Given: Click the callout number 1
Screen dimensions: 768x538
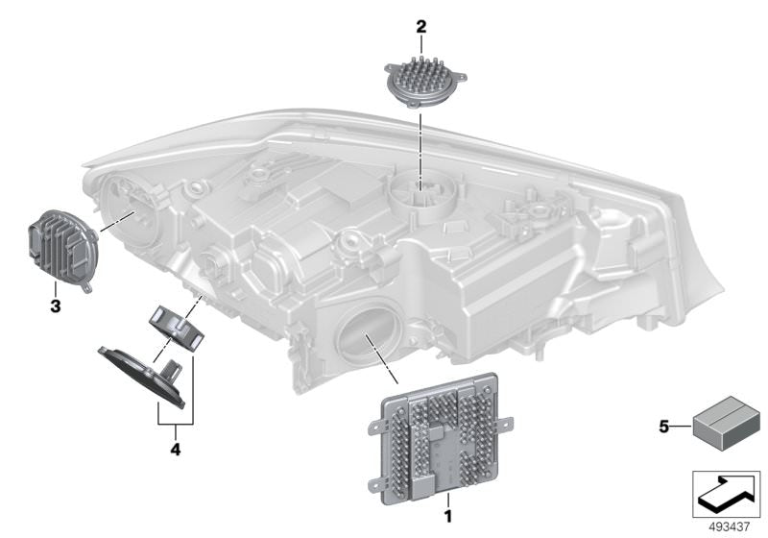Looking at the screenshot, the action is (447, 516).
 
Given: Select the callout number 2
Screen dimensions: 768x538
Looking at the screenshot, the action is (421, 27).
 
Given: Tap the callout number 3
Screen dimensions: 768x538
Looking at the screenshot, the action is (56, 306).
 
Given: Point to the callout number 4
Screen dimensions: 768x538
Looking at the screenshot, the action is (176, 450).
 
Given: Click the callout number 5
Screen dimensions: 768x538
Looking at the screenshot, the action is (663, 428).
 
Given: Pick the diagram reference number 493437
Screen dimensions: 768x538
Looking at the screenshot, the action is (730, 527).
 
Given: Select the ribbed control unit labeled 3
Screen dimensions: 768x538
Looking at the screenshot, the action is (62, 249).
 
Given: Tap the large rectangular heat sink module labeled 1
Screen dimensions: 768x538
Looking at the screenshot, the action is (440, 439).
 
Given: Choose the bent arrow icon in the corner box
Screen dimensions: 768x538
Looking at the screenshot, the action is (727, 493).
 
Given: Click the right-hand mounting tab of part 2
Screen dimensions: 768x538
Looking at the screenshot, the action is (460, 77).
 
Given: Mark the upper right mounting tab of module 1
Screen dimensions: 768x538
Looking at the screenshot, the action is (506, 423).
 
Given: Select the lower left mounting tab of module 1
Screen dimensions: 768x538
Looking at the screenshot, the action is (375, 485).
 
